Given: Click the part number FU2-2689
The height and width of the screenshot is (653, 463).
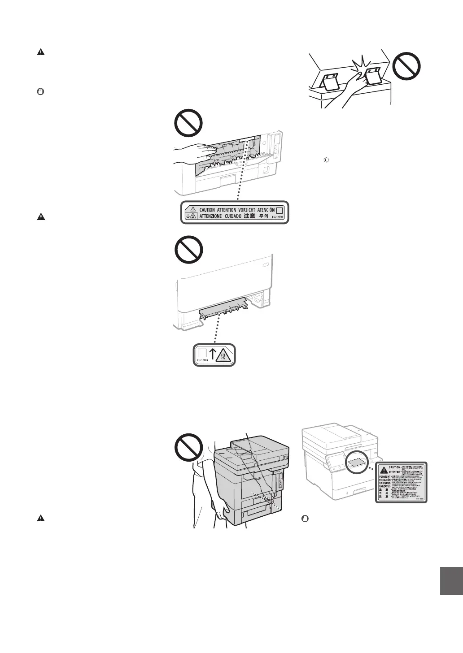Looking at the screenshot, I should [x=202, y=359].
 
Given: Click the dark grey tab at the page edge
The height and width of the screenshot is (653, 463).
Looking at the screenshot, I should [x=451, y=581].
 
